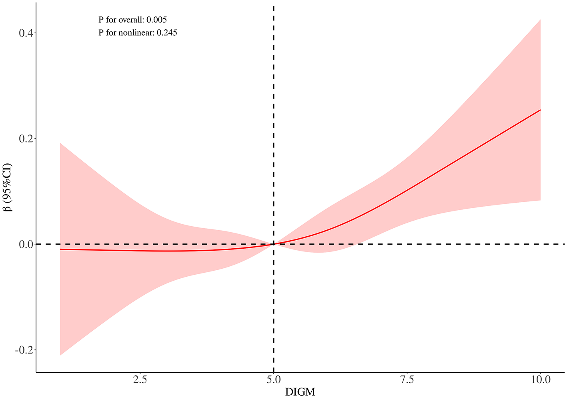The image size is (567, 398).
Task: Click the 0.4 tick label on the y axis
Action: click(26, 33)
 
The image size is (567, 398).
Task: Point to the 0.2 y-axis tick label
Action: click(26, 139)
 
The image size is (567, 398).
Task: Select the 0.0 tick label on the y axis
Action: click(26, 244)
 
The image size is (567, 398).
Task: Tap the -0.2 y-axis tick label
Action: click(24, 350)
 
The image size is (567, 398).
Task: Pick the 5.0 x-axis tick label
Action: click(273, 380)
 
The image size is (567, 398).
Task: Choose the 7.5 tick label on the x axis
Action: click(407, 380)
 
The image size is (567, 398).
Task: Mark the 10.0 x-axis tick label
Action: click(540, 380)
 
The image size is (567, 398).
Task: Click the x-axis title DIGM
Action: click(300, 392)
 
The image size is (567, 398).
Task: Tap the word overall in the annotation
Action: click(126, 20)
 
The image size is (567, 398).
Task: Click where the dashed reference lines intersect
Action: click(273, 244)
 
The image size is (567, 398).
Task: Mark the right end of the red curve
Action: click(541, 110)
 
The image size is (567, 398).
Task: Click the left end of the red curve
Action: click(60, 249)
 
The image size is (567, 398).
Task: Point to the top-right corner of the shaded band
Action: click(541, 19)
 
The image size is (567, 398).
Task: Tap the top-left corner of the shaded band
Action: click(60, 143)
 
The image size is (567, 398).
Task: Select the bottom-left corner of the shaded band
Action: click(60, 355)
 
